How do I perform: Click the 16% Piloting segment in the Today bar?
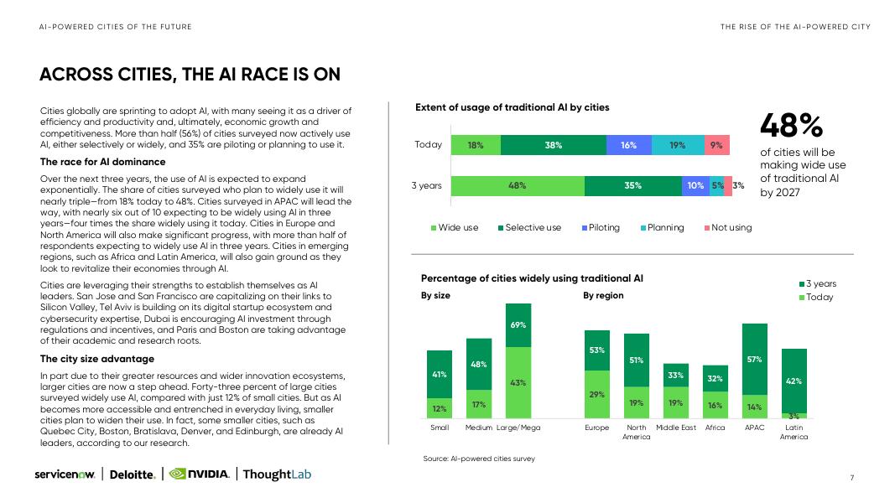(x=628, y=145)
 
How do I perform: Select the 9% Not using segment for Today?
(x=715, y=145)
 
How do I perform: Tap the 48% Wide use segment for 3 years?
(x=517, y=185)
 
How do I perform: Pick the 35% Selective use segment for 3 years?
(x=632, y=185)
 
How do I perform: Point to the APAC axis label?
(x=754, y=428)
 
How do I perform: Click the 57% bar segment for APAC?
(x=754, y=359)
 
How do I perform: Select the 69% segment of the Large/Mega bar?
(x=518, y=324)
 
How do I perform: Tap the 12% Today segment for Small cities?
(x=440, y=409)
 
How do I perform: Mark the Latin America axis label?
(x=794, y=432)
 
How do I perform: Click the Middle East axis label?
(x=675, y=428)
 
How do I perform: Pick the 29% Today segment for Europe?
(x=597, y=394)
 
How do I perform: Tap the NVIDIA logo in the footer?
(x=199, y=474)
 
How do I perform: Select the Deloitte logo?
(x=133, y=474)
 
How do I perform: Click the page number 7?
(x=851, y=478)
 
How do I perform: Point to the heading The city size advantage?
(x=97, y=359)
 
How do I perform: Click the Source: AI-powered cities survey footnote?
(x=479, y=459)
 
